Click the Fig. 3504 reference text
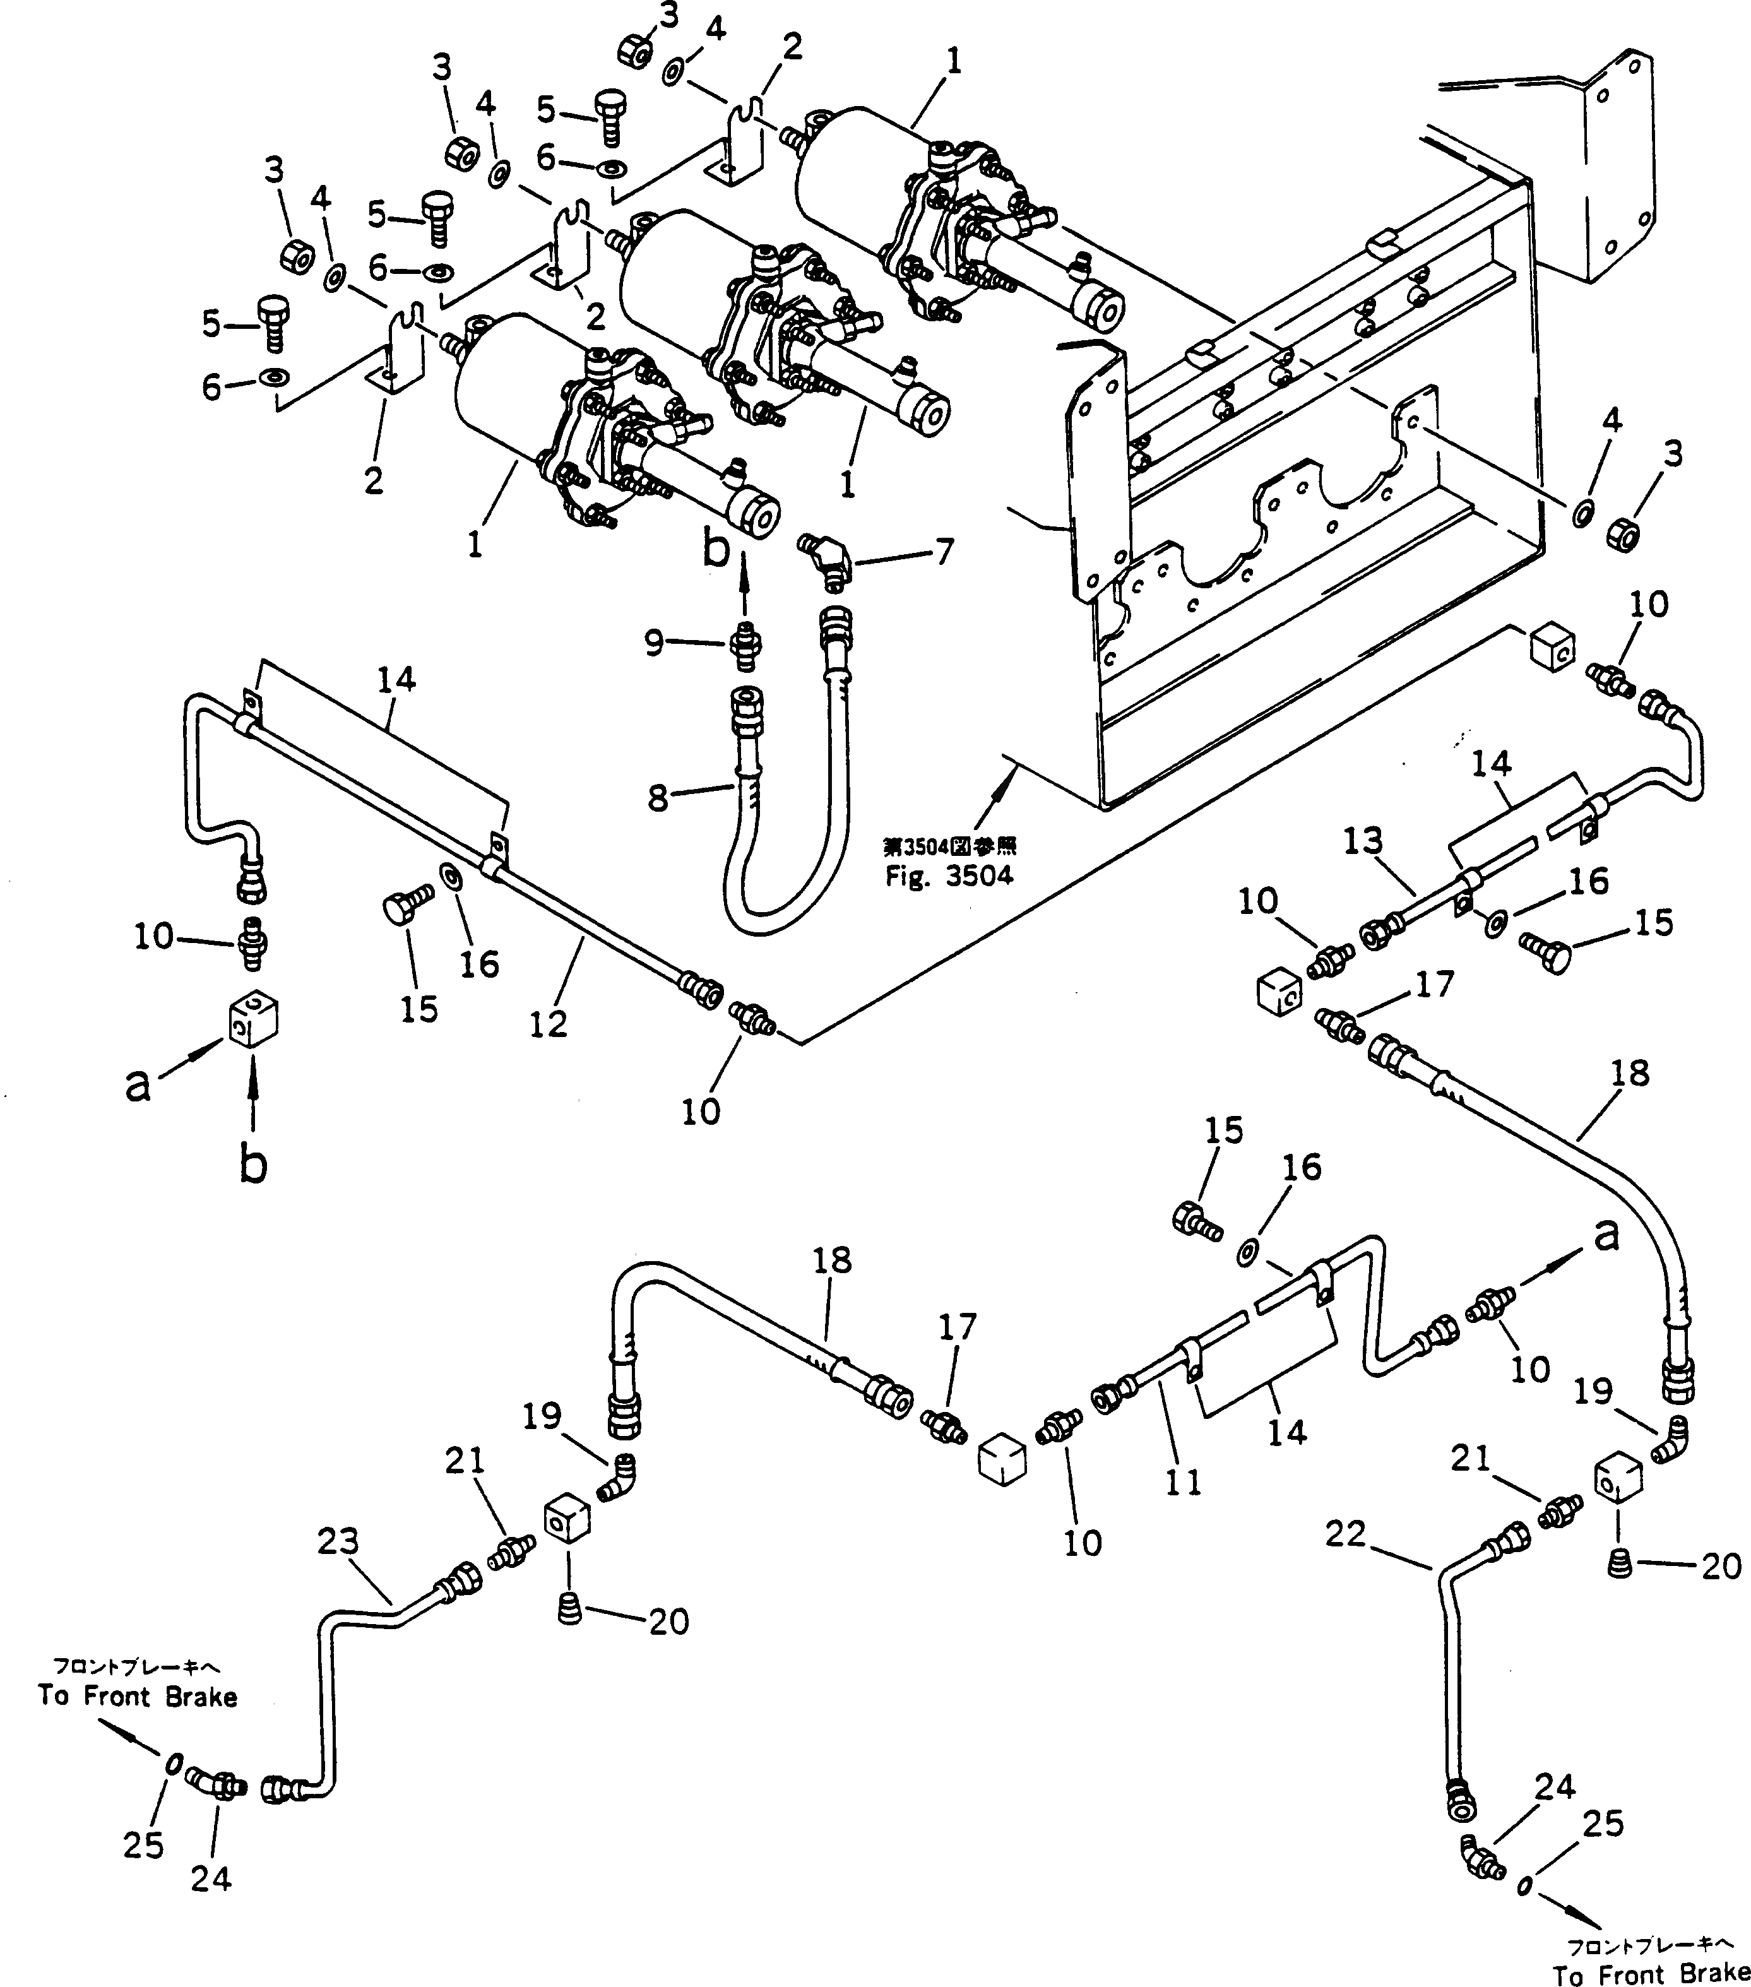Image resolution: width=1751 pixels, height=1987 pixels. (x=948, y=876)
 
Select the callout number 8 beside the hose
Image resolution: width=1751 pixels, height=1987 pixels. (x=658, y=799)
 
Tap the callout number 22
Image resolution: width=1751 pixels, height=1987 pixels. (x=1346, y=1535)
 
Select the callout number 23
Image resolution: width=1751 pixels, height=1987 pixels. (x=337, y=1542)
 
